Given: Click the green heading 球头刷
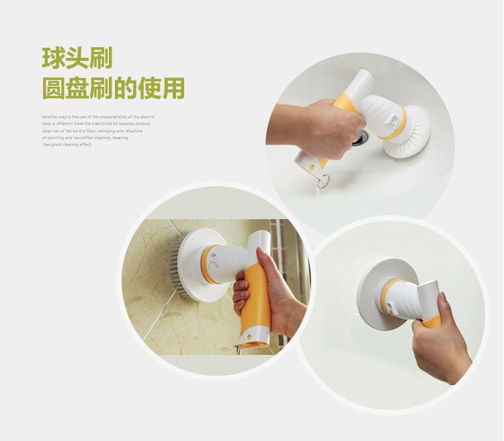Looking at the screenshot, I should point(77,57).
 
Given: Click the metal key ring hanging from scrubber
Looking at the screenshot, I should point(325,179).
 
